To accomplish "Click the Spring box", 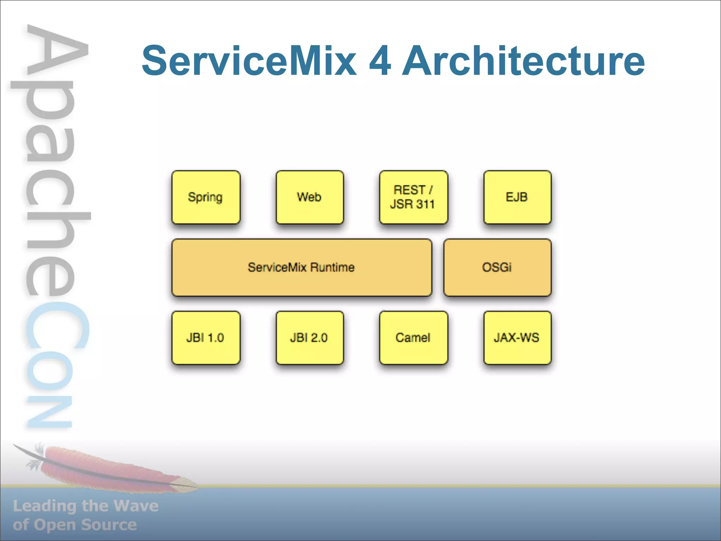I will pos(206,197).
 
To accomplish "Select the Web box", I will pos(309,197).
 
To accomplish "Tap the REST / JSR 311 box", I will pos(413,197).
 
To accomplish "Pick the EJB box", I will pos(517,197).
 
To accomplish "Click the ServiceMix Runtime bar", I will pos(301,268).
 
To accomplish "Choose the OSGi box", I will pos(497,268).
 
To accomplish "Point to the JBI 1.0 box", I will pos(206,338).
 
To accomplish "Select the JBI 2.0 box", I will pos(309,338).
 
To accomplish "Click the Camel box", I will pos(413,338).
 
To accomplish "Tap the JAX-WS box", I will pos(517,338).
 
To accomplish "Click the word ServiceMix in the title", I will pos(249,61).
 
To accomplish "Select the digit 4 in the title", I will pos(380,61).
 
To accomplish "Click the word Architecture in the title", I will pos(523,61).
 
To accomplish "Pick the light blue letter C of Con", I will pos(56,328).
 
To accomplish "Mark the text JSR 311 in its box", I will pos(412,204).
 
